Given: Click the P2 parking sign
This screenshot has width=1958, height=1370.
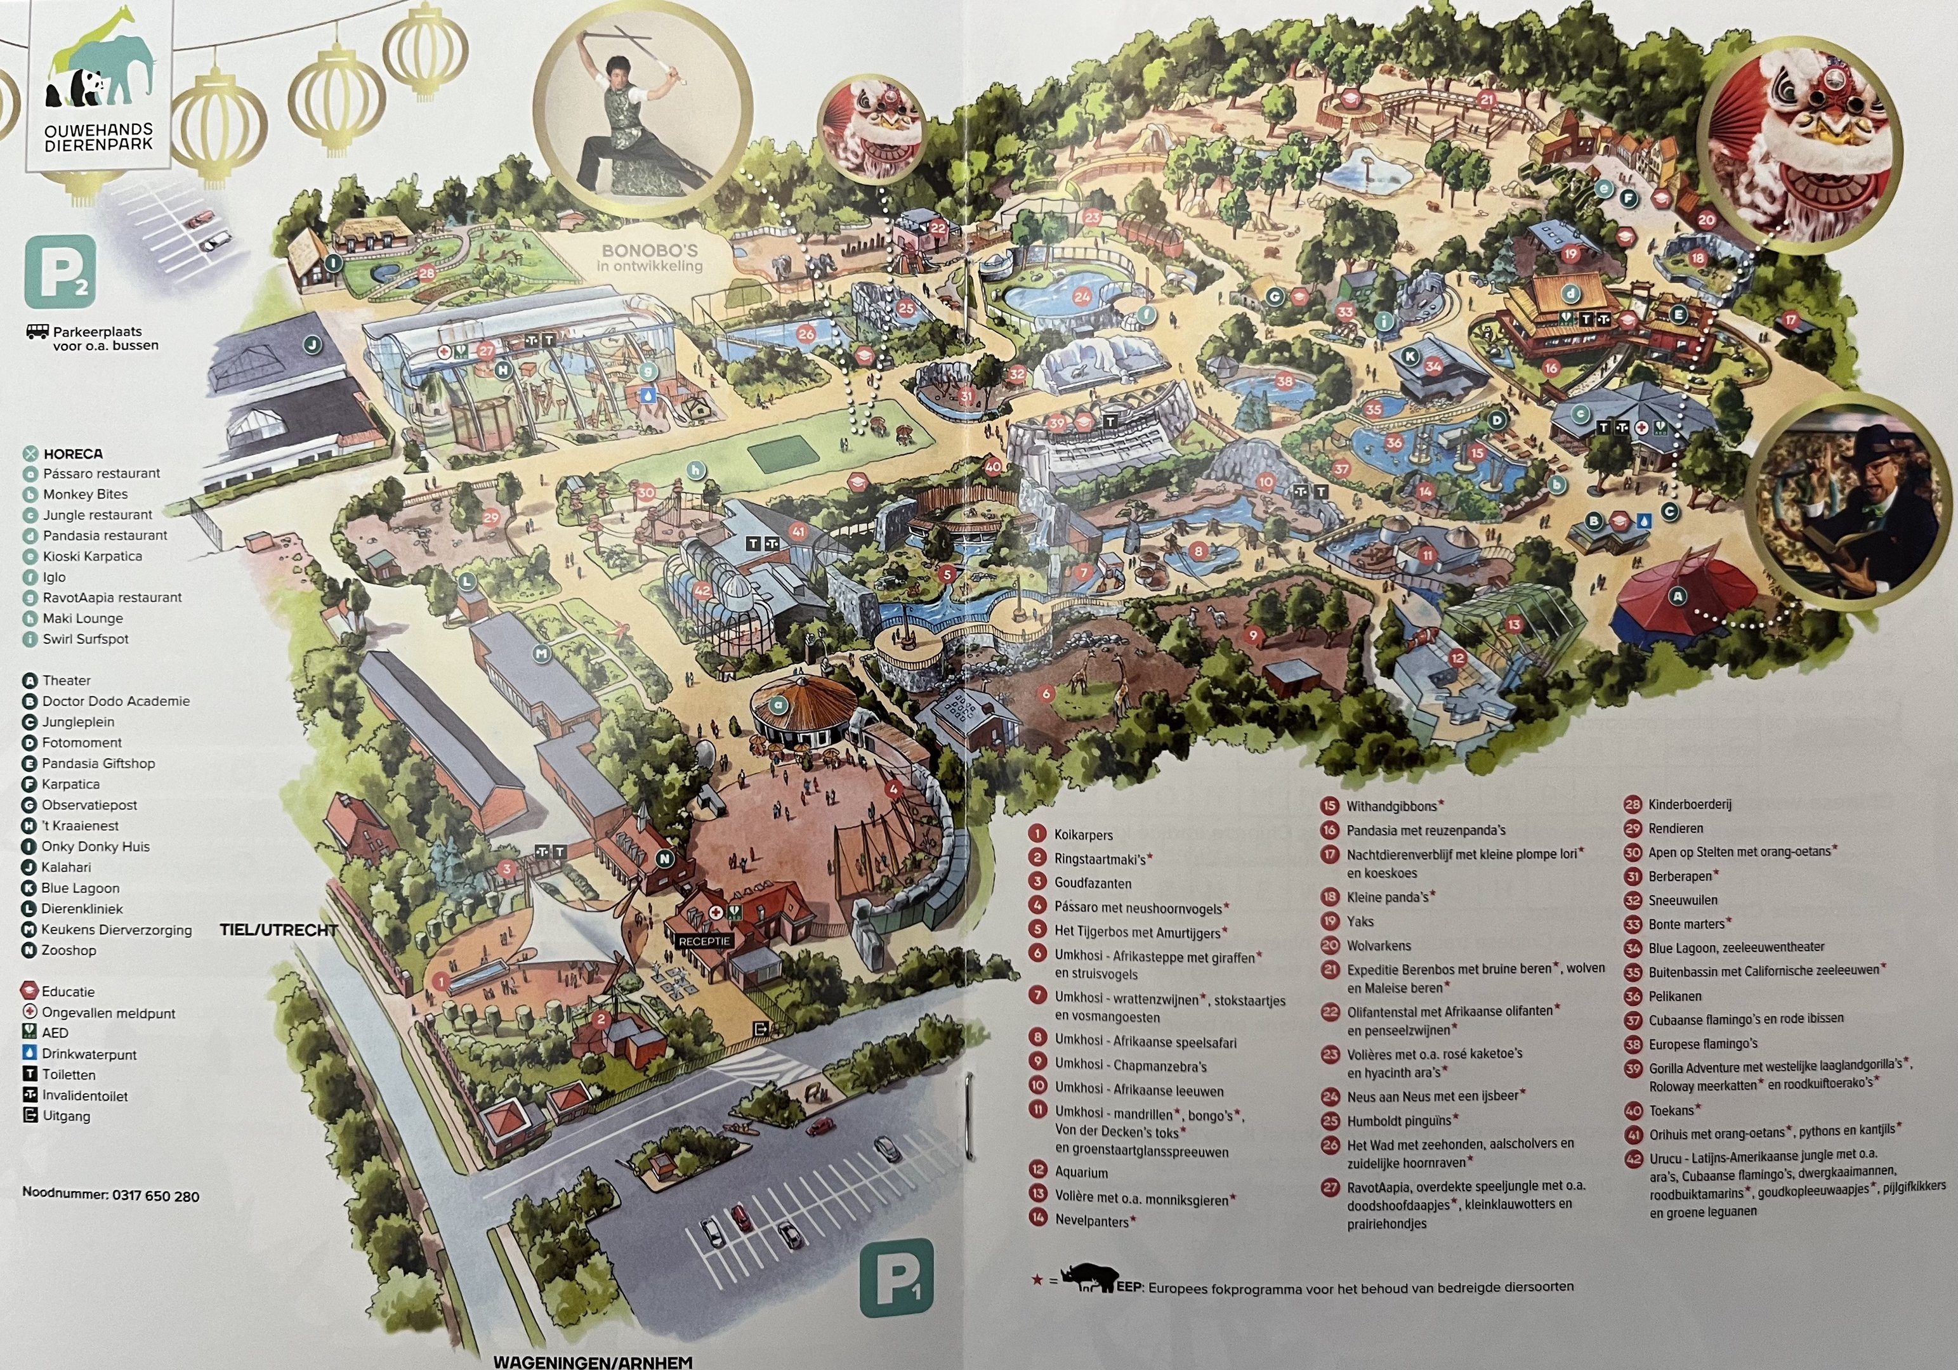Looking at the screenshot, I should [x=60, y=272].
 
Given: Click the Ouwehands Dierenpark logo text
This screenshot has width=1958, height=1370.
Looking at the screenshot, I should [x=99, y=137].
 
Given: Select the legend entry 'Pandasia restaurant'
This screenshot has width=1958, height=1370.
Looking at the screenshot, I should [x=105, y=535].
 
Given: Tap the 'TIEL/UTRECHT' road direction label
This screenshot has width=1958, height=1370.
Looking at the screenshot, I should [x=279, y=930].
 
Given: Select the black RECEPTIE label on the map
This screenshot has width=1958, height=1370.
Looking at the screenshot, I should [x=704, y=941].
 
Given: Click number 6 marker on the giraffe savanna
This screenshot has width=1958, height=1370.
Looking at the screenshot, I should [x=1046, y=693].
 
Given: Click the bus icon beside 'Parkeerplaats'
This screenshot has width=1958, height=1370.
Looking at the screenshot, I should [x=37, y=332].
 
